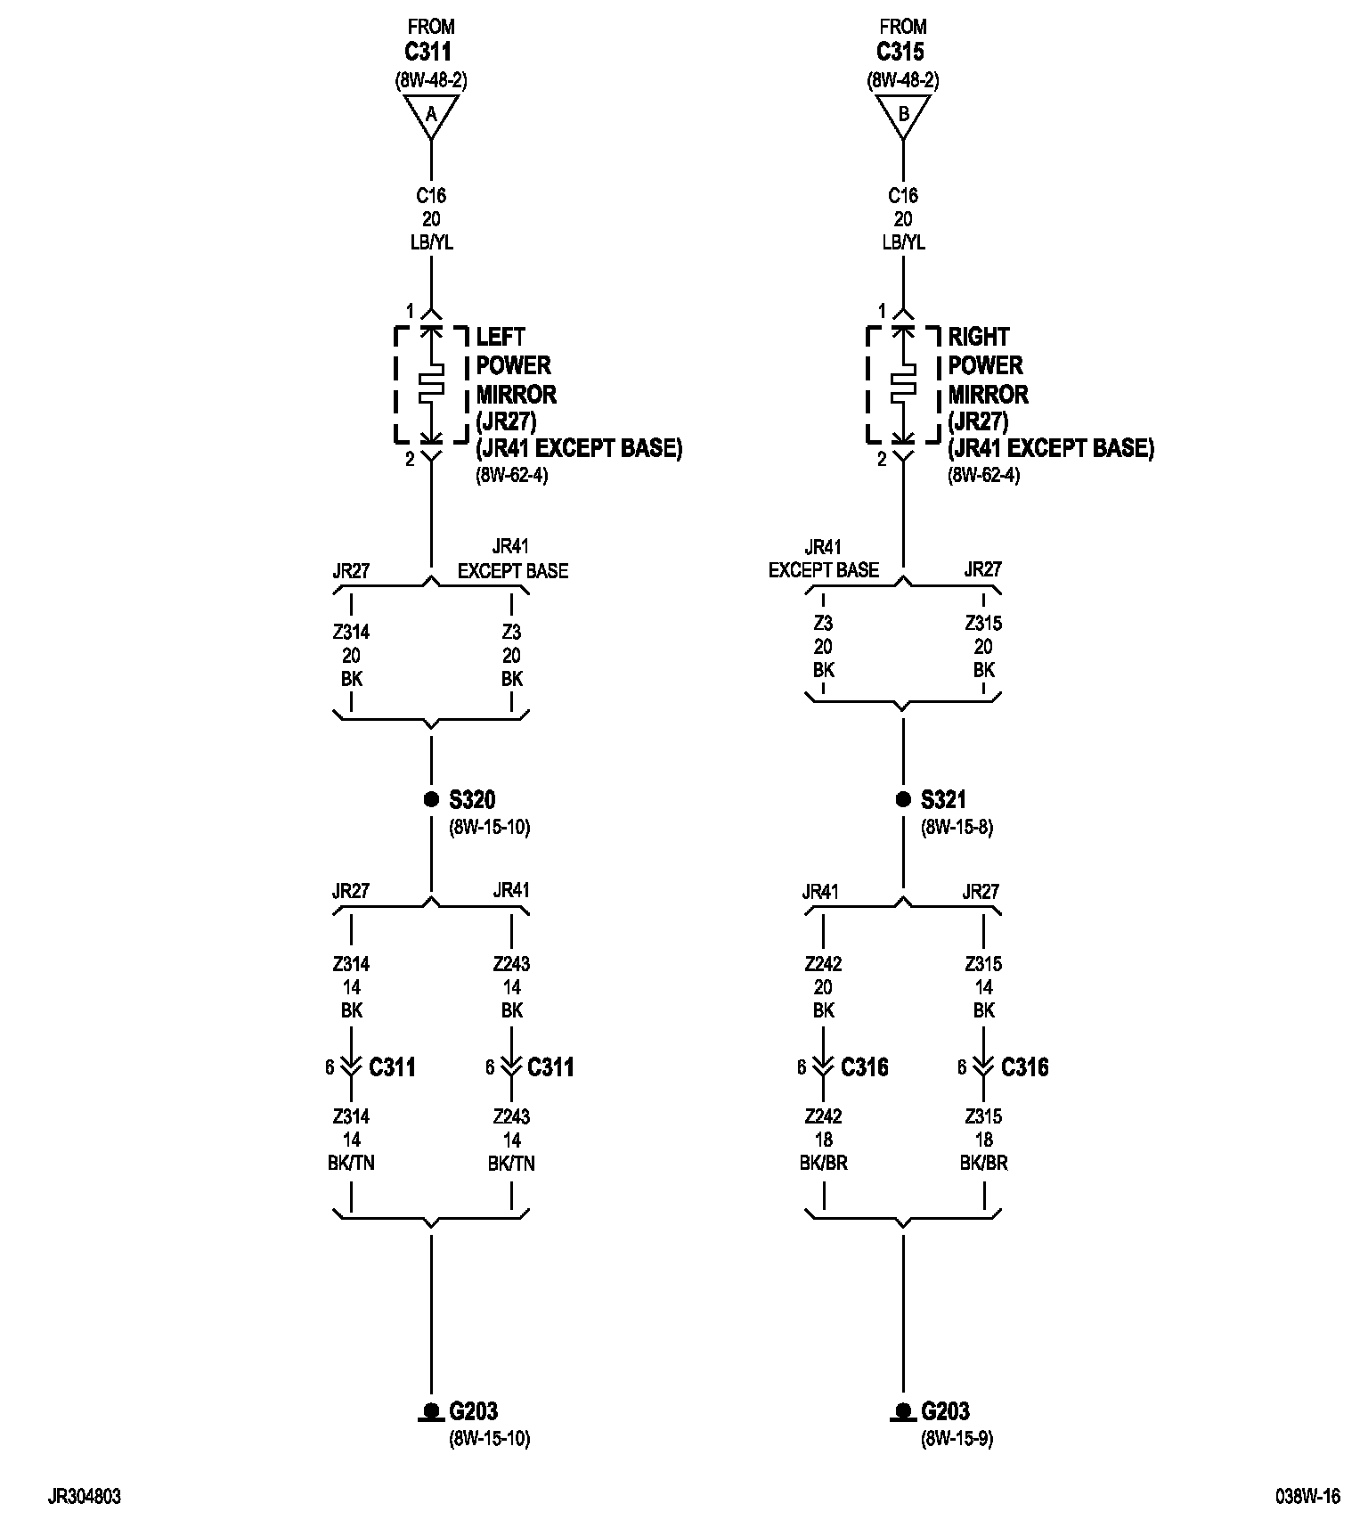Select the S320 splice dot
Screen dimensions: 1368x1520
point(431,799)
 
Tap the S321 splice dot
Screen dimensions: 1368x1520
point(903,799)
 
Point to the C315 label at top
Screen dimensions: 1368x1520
point(900,53)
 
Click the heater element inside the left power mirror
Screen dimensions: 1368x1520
point(431,384)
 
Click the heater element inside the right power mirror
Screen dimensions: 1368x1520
point(903,384)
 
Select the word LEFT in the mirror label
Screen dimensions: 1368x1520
point(501,337)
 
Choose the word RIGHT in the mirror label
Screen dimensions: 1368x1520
point(978,337)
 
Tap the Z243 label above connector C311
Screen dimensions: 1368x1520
point(511,964)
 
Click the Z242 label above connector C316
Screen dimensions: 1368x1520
point(823,964)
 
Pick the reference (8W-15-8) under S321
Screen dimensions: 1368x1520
point(957,827)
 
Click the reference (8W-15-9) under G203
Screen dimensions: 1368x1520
point(957,1438)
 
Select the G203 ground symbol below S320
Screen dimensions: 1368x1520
point(431,1412)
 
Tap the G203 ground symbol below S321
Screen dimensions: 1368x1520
point(903,1412)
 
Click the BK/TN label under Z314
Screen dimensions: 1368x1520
point(351,1163)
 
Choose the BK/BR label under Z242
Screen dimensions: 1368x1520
point(823,1163)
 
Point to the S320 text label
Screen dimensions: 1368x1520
point(472,799)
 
